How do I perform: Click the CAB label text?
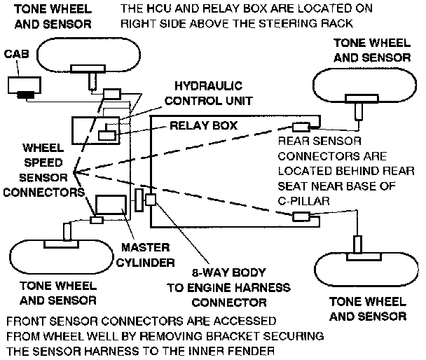pyautogui.click(x=18, y=54)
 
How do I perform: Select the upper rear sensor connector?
pyautogui.click(x=301, y=127)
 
